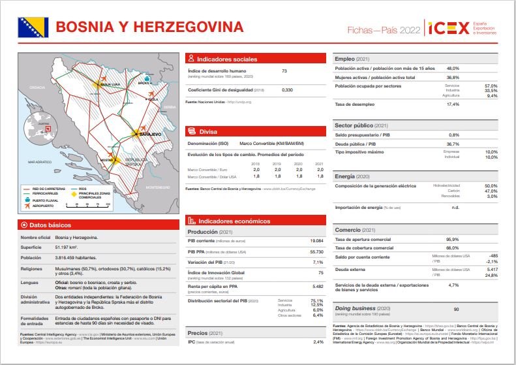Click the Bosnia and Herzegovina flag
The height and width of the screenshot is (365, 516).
32,27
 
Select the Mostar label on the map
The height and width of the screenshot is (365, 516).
107,159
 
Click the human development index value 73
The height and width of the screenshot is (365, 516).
284,71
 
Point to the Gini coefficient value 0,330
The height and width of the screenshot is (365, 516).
287,89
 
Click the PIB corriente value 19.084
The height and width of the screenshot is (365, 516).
317,241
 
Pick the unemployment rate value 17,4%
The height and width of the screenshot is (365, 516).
453,104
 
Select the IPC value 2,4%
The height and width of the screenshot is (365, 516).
318,342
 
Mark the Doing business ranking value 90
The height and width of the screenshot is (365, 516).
457,309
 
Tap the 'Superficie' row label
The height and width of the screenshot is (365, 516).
32,247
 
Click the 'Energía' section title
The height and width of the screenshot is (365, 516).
344,176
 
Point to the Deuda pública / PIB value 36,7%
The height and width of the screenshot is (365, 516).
453,144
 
